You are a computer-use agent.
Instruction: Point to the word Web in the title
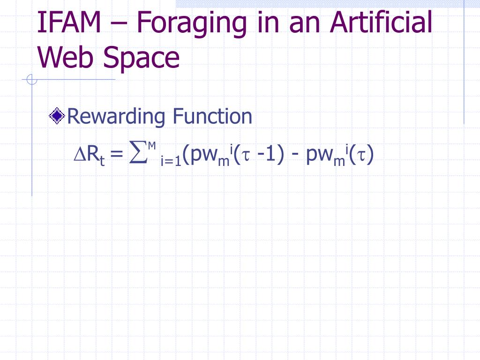point(66,58)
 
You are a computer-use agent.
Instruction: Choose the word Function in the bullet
point(212,116)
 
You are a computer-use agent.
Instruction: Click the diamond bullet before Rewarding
point(57,116)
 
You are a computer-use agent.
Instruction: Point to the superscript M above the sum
point(151,146)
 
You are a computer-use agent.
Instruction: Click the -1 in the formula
point(266,155)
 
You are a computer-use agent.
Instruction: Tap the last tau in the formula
point(362,156)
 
